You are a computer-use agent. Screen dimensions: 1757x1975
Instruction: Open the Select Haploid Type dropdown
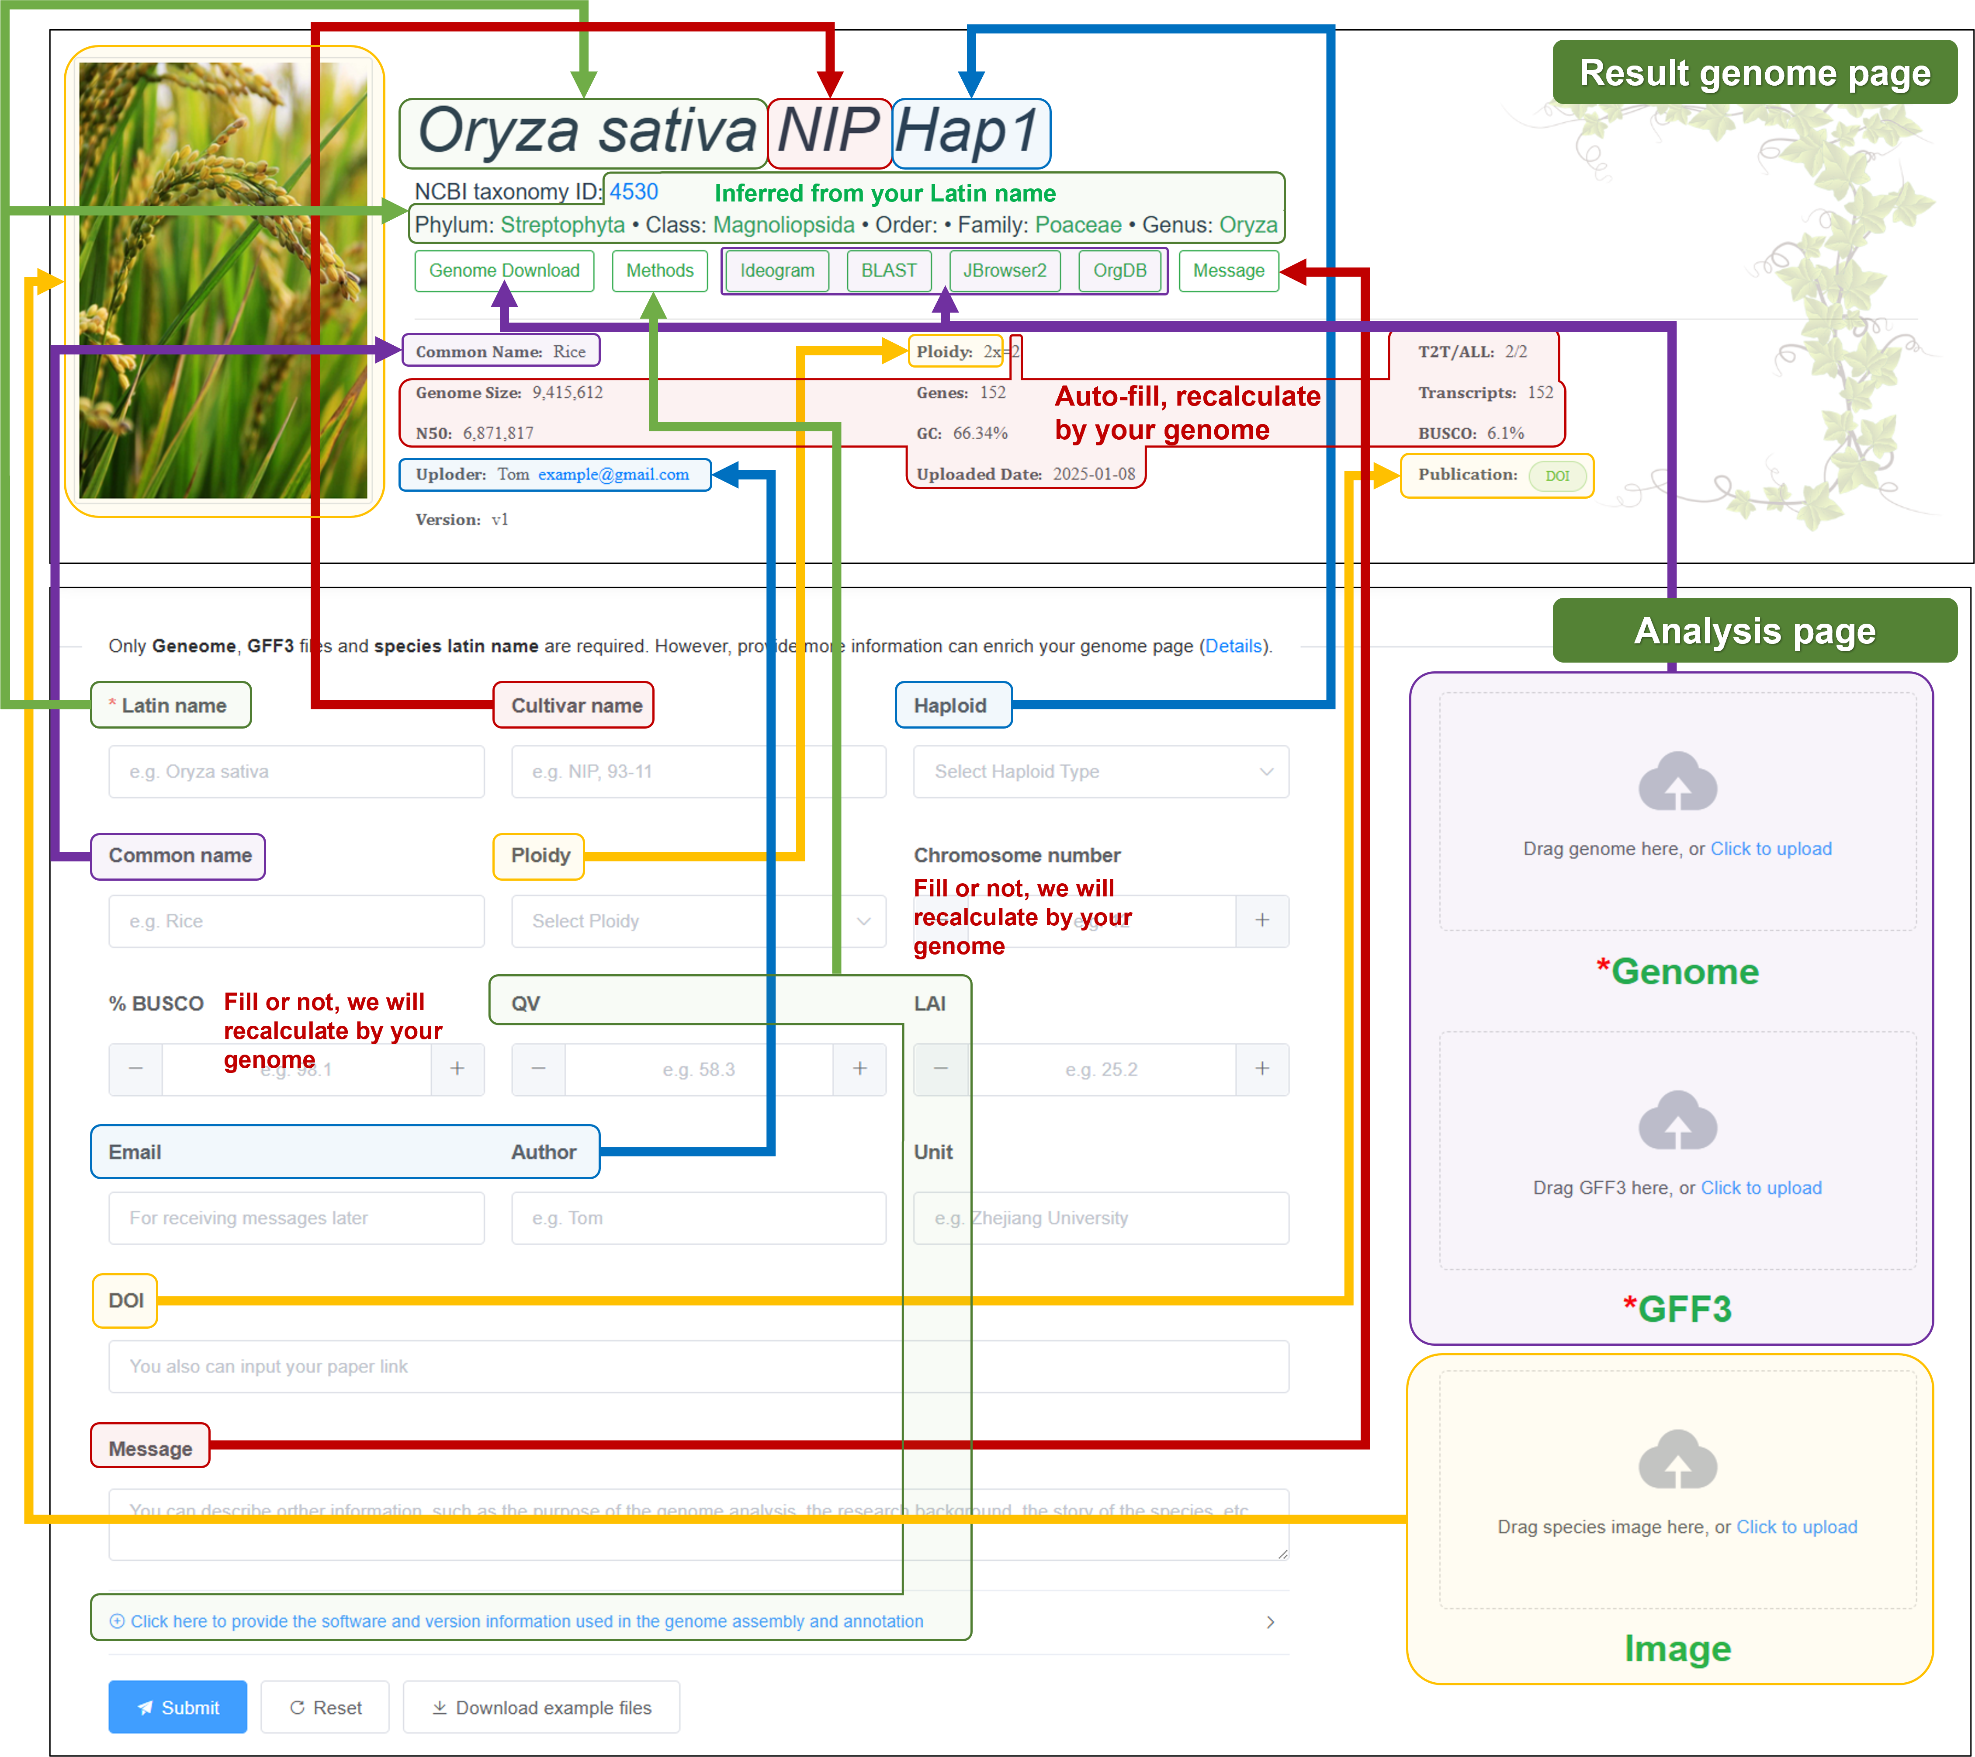click(1101, 771)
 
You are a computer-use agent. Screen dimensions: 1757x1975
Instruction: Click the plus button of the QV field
click(859, 1069)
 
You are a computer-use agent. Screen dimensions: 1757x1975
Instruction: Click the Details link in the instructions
click(1233, 646)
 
